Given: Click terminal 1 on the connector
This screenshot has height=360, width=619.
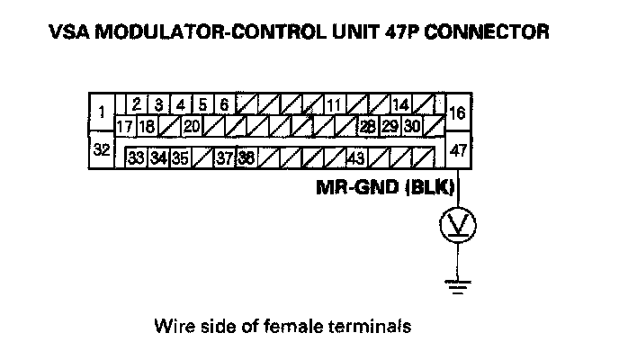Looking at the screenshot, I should (x=103, y=112).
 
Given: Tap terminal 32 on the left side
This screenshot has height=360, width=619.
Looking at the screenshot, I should (x=102, y=150).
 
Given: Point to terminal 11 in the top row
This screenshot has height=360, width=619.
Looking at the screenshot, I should (x=333, y=105).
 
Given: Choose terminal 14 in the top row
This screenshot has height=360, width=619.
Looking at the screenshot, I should (x=400, y=105).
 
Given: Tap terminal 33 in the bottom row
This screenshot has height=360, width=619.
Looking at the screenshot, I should (x=137, y=158).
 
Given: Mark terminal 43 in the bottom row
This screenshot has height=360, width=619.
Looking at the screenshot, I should (x=355, y=158).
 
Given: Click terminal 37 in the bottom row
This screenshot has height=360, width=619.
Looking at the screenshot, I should (x=225, y=158).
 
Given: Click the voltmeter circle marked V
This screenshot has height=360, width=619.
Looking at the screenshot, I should (x=458, y=226).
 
